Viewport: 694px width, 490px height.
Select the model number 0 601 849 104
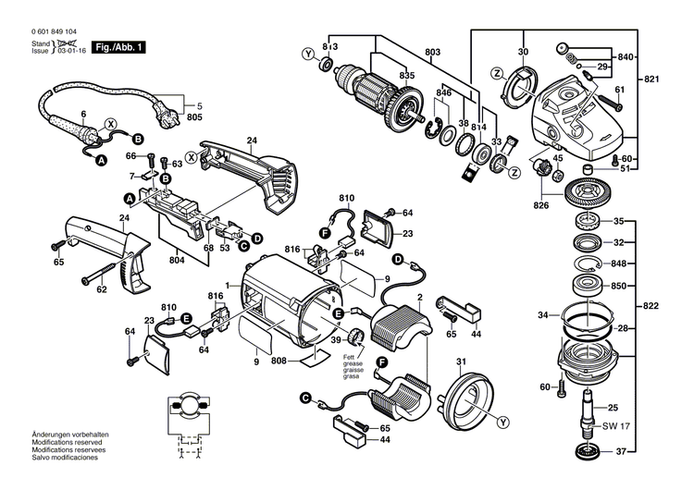tap(43, 31)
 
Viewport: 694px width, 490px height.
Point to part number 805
tap(194, 119)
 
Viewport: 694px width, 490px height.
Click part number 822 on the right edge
tap(653, 305)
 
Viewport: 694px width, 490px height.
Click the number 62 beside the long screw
tap(102, 290)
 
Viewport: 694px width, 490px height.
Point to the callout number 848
tap(618, 263)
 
